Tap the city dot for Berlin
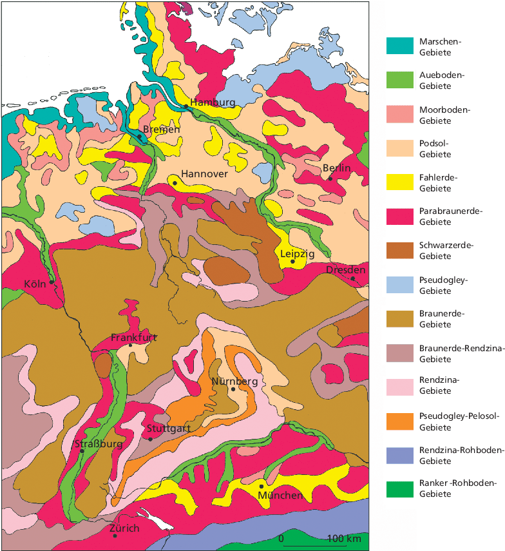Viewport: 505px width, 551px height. click(x=330, y=179)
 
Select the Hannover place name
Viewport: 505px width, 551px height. click(x=204, y=174)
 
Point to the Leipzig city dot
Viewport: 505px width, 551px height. click(x=292, y=262)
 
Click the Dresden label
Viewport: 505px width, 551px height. click(x=346, y=270)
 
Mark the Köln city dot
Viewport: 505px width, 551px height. click(x=52, y=282)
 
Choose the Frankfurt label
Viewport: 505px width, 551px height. click(x=134, y=337)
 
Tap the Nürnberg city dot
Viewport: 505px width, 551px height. click(x=233, y=389)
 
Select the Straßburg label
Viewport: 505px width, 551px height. click(x=98, y=444)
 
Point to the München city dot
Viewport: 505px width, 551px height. click(x=262, y=486)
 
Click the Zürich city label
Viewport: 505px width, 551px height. click(x=124, y=528)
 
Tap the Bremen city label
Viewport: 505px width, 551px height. click(x=162, y=130)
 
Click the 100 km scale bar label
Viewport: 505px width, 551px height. click(x=343, y=538)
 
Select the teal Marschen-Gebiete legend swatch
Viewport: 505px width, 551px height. click(x=399, y=46)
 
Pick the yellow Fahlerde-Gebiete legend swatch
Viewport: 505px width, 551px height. click(x=399, y=183)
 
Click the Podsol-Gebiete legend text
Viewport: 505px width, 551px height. click(x=435, y=149)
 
